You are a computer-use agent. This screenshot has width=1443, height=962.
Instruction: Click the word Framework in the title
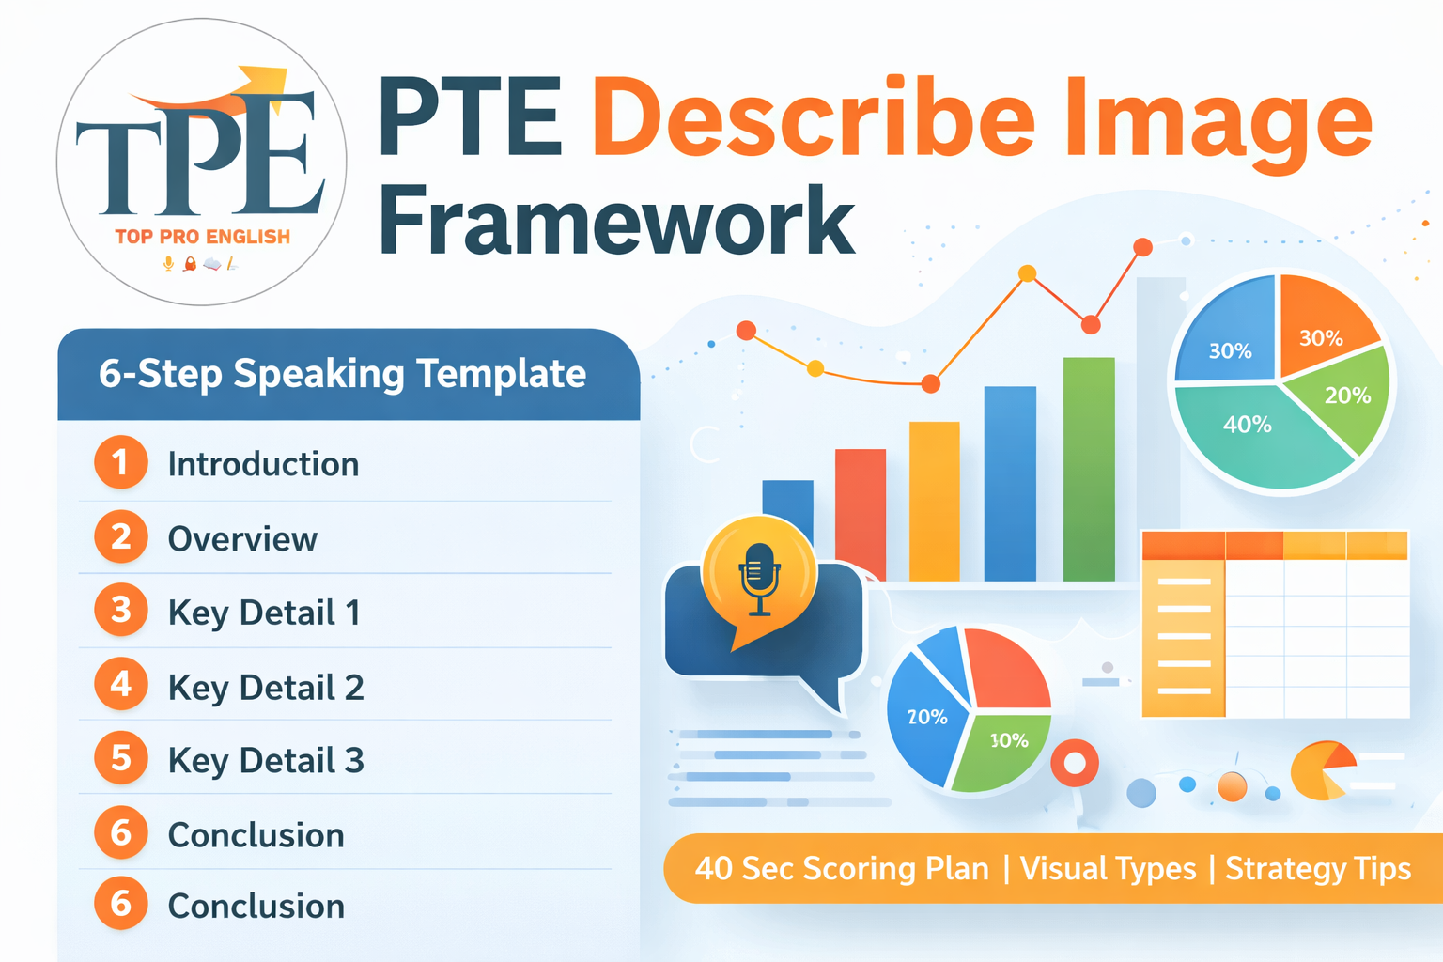616,222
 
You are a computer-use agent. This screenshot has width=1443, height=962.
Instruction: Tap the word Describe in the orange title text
814,119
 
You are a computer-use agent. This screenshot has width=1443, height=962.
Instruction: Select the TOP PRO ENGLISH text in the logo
203,237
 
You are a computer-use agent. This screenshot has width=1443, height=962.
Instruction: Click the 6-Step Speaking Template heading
342,374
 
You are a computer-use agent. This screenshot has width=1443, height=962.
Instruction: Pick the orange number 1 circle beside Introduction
121,462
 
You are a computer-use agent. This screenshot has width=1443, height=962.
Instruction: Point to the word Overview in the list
242,539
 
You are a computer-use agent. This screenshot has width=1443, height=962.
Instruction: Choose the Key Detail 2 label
266,688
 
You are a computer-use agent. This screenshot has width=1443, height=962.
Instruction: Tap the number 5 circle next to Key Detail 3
121,758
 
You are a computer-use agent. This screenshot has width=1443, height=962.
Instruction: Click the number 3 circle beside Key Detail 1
121,611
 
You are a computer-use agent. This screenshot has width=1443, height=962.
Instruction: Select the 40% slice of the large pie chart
1249,432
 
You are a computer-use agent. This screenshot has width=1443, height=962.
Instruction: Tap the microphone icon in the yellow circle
759,575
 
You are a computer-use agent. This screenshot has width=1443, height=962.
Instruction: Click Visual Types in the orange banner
1108,869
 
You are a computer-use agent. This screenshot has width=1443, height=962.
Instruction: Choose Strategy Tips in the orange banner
1317,869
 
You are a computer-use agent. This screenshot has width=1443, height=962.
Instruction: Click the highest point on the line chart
1142,247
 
